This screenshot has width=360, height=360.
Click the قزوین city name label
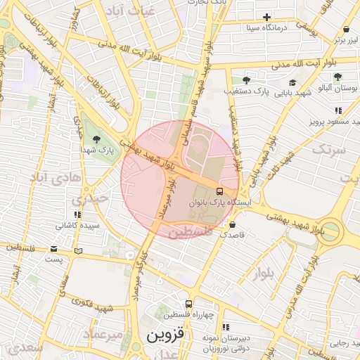coord(165,336)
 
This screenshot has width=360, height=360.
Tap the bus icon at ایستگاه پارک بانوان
coord(220,191)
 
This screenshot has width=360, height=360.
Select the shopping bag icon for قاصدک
coord(233,225)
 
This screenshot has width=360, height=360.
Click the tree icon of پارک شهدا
coord(96,139)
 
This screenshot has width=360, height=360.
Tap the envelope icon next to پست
coord(54,249)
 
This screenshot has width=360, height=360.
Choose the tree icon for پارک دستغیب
coord(245,80)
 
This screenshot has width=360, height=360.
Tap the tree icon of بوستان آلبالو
coord(338,77)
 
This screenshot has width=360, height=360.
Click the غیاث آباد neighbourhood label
coord(127,11)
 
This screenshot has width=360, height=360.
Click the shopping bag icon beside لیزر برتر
coord(346,30)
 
